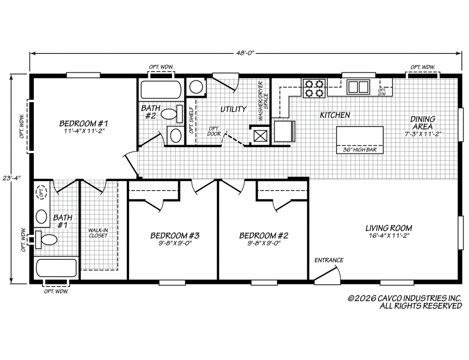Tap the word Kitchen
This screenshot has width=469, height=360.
click(335, 115)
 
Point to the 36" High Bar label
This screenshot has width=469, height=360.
click(360, 150)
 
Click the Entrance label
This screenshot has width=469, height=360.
click(329, 260)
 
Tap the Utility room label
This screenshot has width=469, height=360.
click(233, 109)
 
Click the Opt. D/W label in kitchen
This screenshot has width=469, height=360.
click(382, 92)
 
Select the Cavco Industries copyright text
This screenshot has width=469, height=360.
click(405, 302)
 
